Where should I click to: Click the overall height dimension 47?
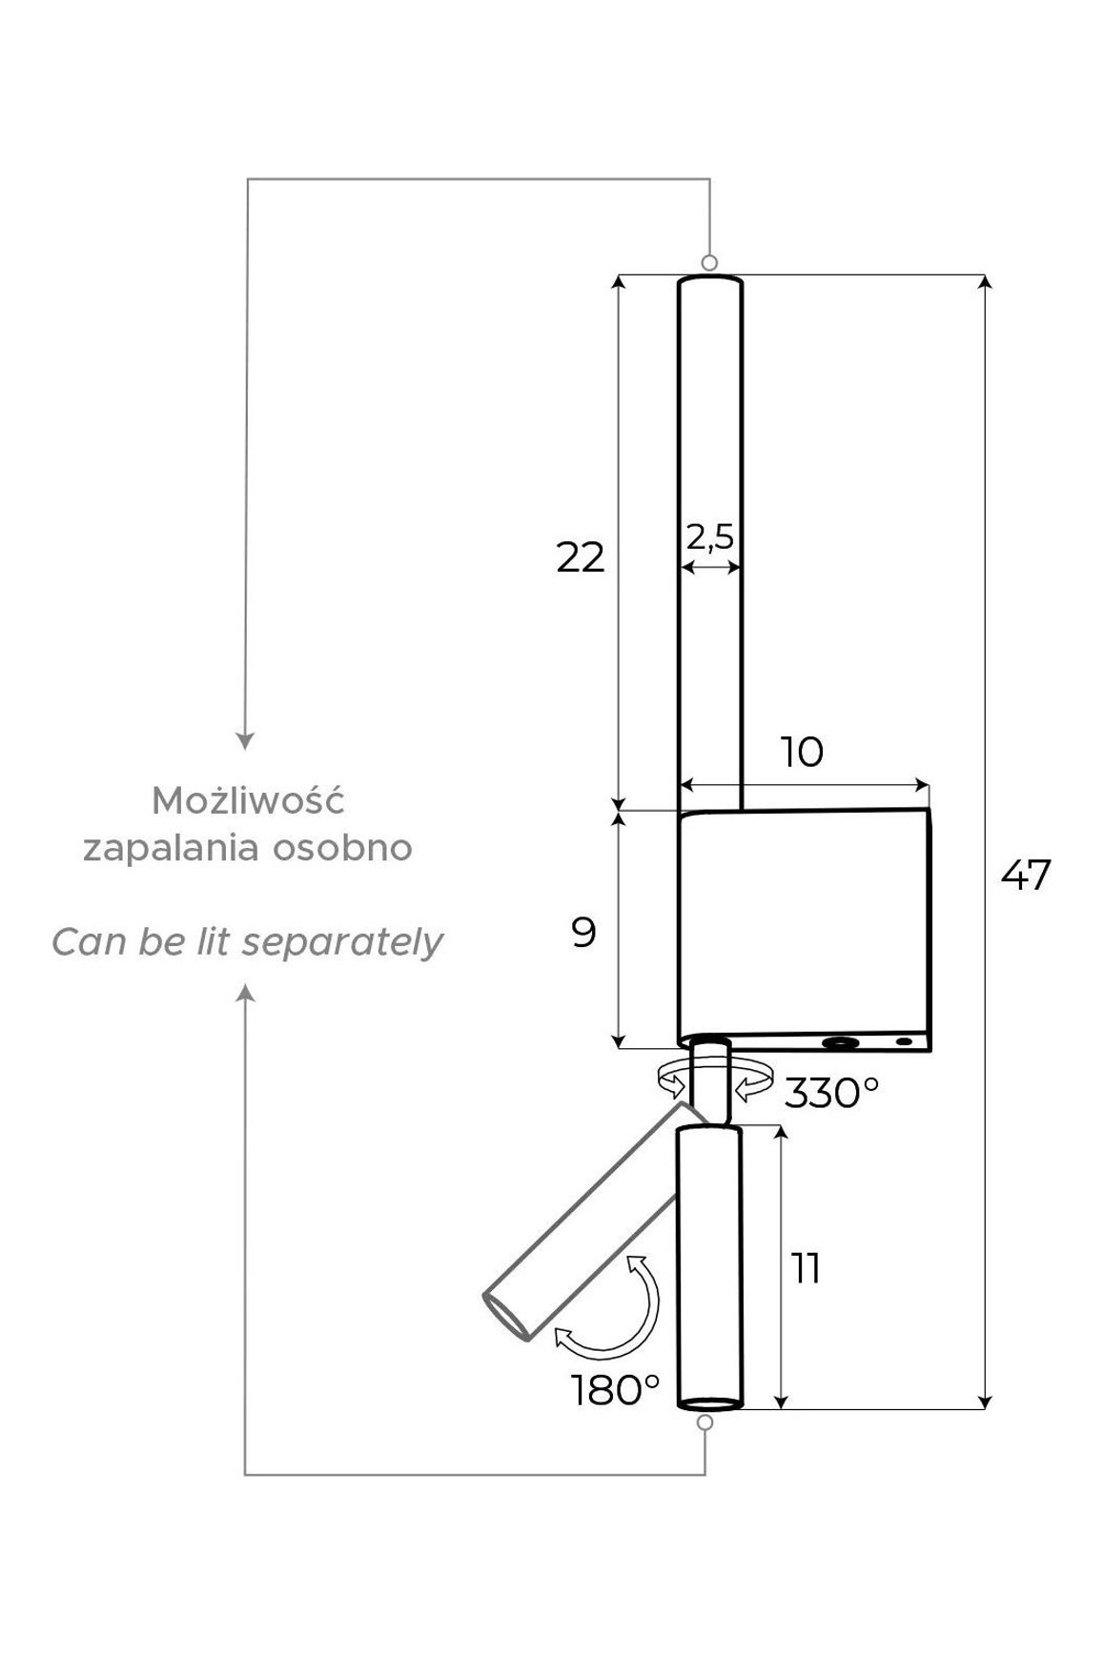[x=1026, y=875]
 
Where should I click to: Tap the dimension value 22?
[x=581, y=557]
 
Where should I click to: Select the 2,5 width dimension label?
[x=710, y=536]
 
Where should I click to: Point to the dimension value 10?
[x=802, y=753]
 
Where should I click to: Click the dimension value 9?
[x=583, y=932]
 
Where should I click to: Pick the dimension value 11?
[x=806, y=1268]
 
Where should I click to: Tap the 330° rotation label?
[x=830, y=1093]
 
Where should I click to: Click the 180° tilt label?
[x=616, y=1390]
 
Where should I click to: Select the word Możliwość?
[x=248, y=800]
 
